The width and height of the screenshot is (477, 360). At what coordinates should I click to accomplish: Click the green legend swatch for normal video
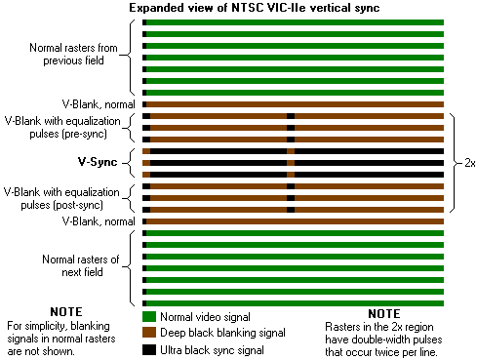pos(149,317)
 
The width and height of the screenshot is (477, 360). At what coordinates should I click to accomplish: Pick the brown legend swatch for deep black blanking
pos(149,334)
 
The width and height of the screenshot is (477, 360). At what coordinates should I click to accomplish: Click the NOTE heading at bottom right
pos(383,313)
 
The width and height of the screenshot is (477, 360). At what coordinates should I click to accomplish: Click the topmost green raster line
pos(293,22)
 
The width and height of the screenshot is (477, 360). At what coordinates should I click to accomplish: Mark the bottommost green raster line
pos(293,303)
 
